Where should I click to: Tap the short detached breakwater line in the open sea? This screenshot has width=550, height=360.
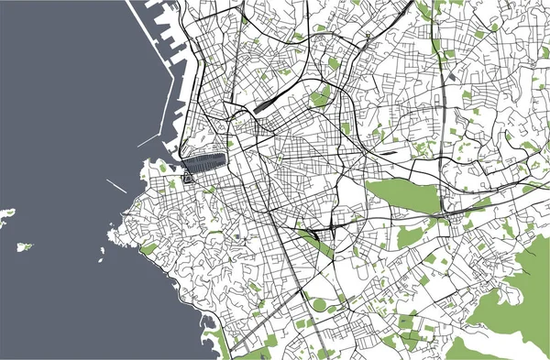click(x=116, y=185)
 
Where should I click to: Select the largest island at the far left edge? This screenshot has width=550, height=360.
click(x=7, y=215)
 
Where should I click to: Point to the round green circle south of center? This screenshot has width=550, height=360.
click(x=318, y=304)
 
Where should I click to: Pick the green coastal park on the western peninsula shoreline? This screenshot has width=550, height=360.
click(x=148, y=248)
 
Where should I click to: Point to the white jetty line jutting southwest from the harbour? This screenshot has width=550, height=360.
click(x=147, y=140)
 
